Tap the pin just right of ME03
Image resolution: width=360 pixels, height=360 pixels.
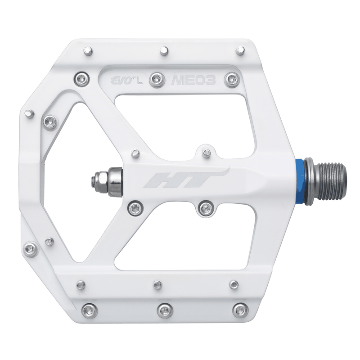tap(232, 78)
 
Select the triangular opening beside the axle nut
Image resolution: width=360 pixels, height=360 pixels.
tap(67, 180)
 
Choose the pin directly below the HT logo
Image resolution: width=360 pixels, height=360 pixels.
tap(206, 207)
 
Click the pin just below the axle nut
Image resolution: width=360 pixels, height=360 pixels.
tap(135, 207)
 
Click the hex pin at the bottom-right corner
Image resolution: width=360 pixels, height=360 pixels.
tap(239, 310)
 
